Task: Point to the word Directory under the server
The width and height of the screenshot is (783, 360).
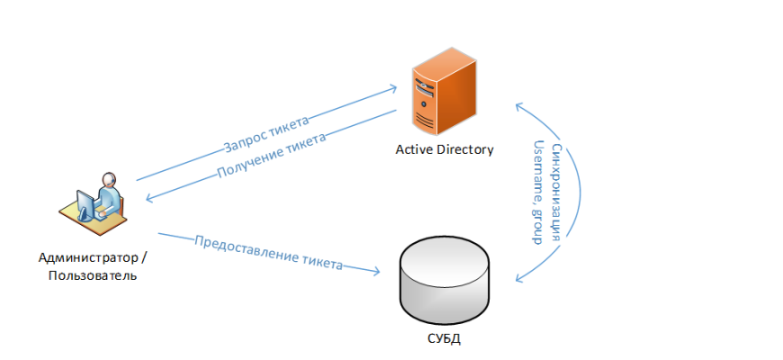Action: click(x=465, y=149)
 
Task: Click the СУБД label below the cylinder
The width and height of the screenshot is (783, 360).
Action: click(x=445, y=339)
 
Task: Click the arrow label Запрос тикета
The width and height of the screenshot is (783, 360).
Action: click(x=266, y=133)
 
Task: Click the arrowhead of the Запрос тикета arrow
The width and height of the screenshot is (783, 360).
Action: click(x=392, y=88)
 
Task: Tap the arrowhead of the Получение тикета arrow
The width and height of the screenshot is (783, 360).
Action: click(x=147, y=198)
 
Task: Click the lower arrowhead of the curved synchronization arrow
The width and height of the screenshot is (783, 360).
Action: click(x=518, y=278)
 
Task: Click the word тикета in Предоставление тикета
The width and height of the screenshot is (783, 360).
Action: click(x=321, y=264)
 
